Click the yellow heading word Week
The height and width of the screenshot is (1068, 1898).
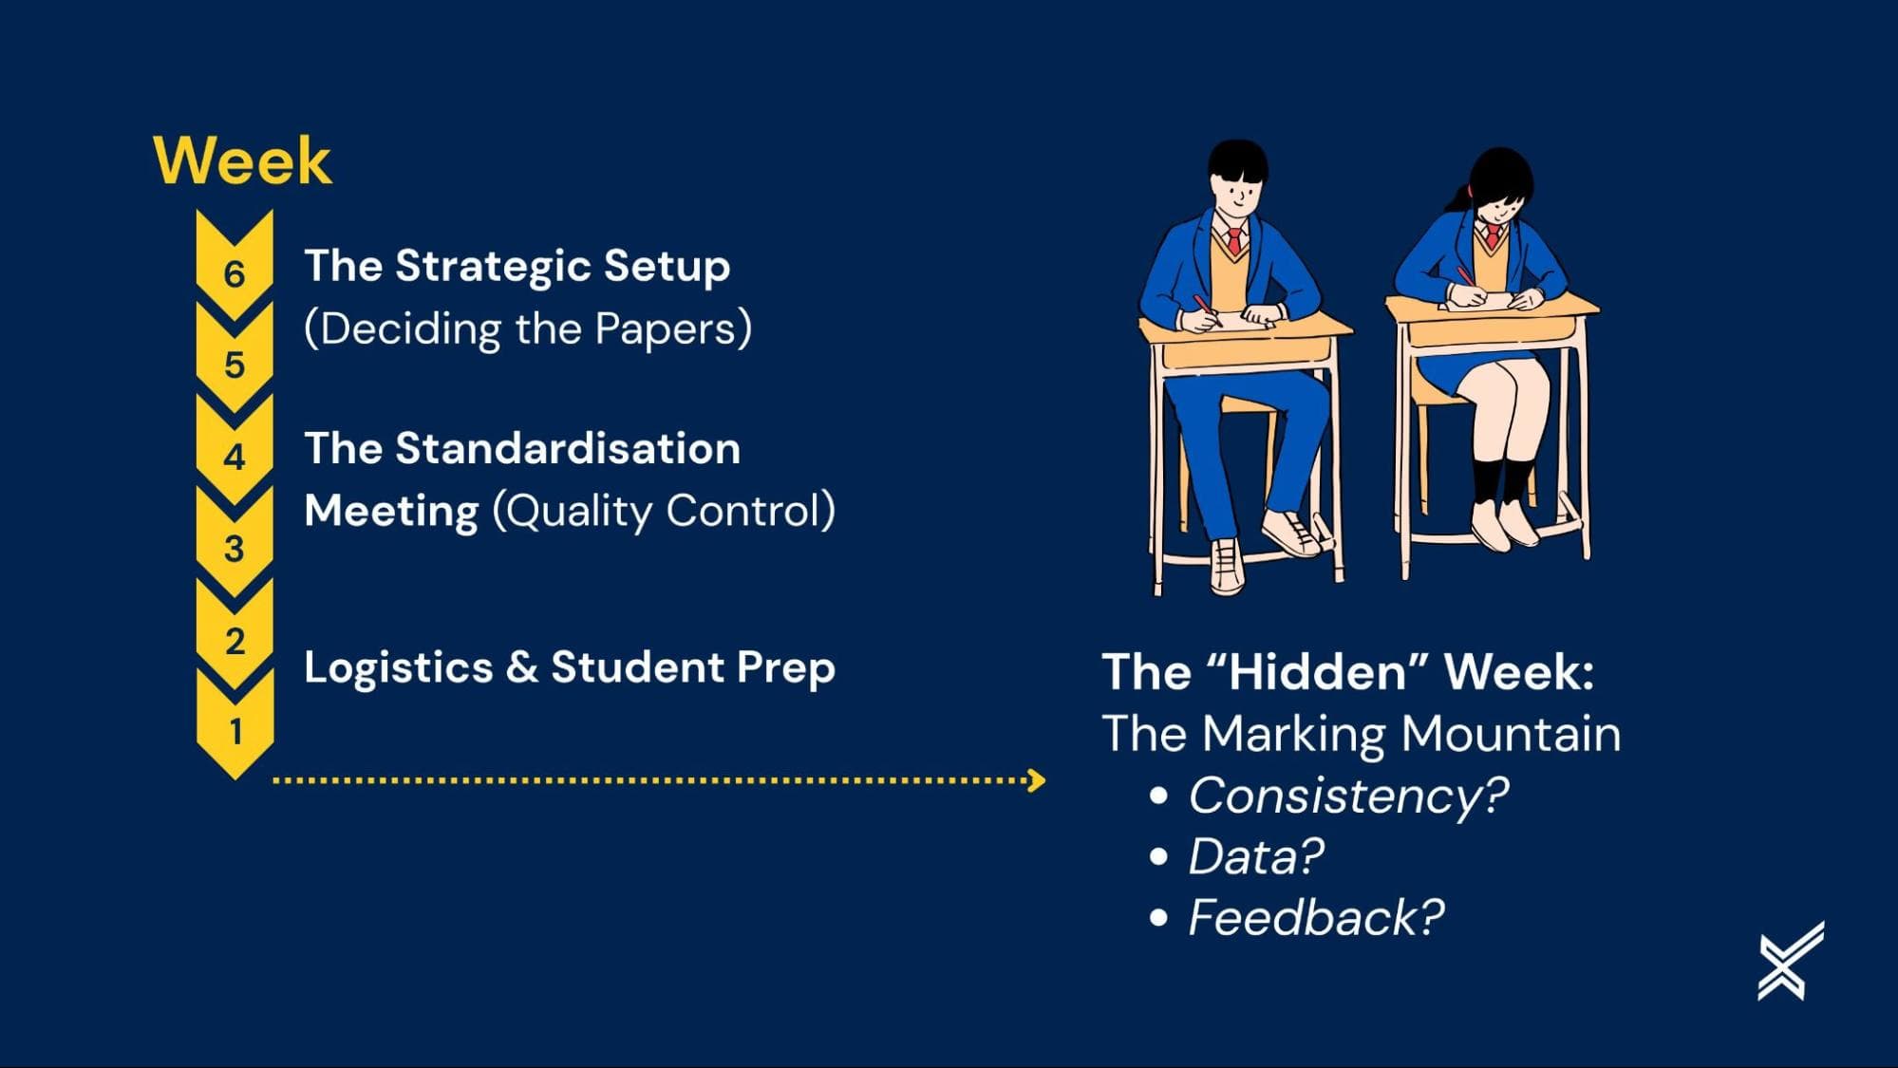click(242, 160)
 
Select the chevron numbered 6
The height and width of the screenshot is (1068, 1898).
click(235, 269)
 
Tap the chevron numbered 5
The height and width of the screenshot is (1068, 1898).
click(235, 361)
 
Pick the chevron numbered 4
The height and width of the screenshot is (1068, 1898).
click(235, 453)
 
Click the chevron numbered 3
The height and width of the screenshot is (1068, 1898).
click(235, 545)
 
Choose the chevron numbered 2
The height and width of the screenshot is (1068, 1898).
click(235, 637)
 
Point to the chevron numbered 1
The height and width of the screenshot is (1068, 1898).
click(235, 726)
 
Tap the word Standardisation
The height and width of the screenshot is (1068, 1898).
click(568, 448)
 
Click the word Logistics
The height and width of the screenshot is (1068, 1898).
click(399, 668)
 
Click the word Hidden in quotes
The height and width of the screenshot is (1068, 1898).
click(1318, 672)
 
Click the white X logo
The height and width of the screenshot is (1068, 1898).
click(1791, 961)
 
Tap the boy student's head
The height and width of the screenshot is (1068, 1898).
click(1238, 181)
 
